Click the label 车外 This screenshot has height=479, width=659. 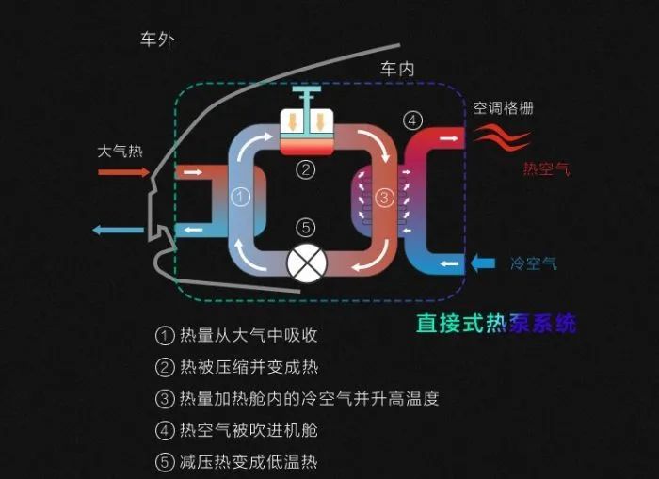[x=157, y=40]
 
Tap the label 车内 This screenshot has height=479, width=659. [x=397, y=69]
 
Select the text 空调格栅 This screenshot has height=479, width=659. [x=503, y=108]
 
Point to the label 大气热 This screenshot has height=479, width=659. [x=121, y=152]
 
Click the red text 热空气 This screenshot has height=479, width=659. [x=546, y=168]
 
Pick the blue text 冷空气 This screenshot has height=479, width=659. [x=534, y=263]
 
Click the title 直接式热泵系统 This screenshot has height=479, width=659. [x=496, y=323]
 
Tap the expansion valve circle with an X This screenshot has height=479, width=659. [x=307, y=263]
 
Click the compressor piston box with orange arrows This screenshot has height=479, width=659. [x=307, y=131]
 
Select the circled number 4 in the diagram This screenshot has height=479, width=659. [x=412, y=120]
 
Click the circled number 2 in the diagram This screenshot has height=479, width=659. [x=306, y=170]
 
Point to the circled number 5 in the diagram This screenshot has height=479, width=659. [x=306, y=228]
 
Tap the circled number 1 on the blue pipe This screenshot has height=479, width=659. [x=240, y=197]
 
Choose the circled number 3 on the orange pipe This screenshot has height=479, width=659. [x=384, y=197]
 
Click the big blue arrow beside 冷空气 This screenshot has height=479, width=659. [x=482, y=263]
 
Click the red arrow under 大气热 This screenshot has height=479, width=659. [x=123, y=172]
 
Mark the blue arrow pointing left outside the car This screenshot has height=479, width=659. [x=118, y=230]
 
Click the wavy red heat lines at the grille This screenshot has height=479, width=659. [x=502, y=137]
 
